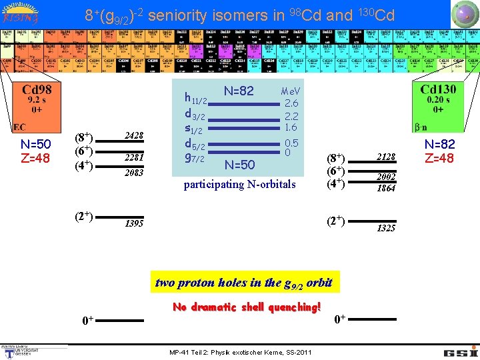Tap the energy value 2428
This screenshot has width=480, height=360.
pyautogui.click(x=135, y=136)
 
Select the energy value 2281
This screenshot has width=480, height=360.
pyautogui.click(x=135, y=158)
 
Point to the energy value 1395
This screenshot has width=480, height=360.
pyautogui.click(x=135, y=223)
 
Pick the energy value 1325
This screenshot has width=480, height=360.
pyautogui.click(x=386, y=228)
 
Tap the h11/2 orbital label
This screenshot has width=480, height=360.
pyautogui.click(x=197, y=99)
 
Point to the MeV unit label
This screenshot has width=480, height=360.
pyautogui.click(x=291, y=91)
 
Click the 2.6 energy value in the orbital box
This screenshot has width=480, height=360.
pyautogui.click(x=291, y=103)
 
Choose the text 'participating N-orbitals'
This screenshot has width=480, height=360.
pyautogui.click(x=239, y=184)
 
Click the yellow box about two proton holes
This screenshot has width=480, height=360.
pyautogui.click(x=243, y=282)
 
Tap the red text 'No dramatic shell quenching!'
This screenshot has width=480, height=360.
pyautogui.click(x=247, y=307)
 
